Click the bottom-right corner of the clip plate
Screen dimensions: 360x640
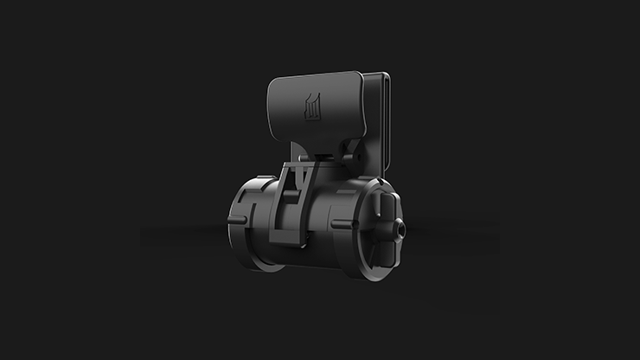click(362, 138)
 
